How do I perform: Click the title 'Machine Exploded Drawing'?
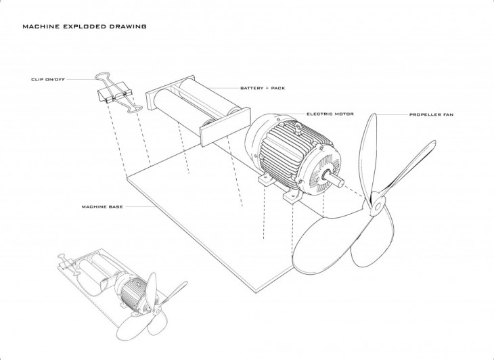(85, 26)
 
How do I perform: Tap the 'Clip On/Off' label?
(48, 79)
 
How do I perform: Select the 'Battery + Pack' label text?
(263, 88)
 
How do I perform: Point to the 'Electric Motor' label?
(330, 114)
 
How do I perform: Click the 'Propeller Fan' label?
(431, 114)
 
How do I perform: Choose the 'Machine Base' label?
(102, 207)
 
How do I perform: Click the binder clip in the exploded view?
(118, 92)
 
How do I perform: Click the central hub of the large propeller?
(378, 206)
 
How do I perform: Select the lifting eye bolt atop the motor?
(298, 128)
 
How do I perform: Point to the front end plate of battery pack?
(225, 127)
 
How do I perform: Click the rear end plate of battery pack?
(170, 92)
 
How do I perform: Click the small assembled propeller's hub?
(157, 310)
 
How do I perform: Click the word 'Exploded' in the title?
(85, 26)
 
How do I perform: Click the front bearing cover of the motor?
(321, 170)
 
